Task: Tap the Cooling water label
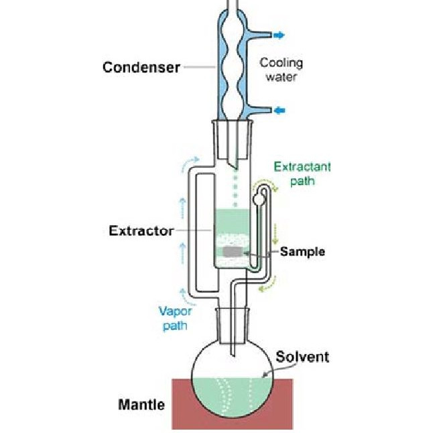click(x=282, y=69)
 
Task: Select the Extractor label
click(x=141, y=231)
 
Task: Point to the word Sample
click(x=302, y=252)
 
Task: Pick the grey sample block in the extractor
click(x=233, y=252)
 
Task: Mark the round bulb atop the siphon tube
click(x=259, y=198)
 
